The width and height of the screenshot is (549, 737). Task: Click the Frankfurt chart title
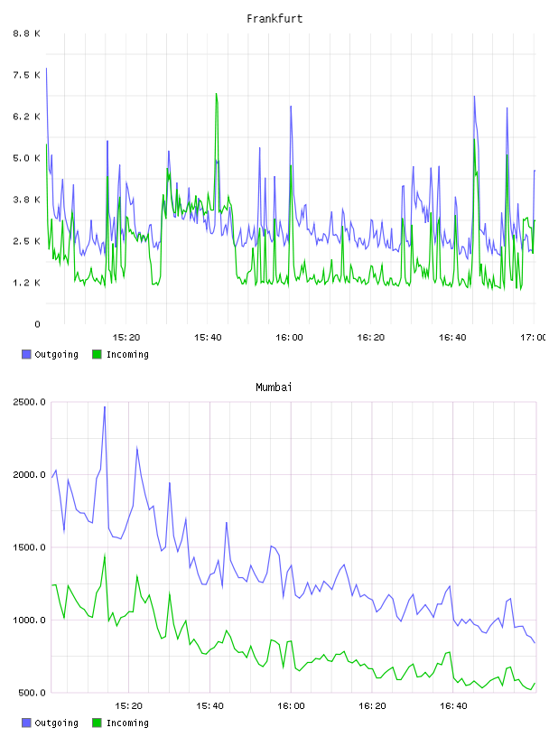(x=274, y=19)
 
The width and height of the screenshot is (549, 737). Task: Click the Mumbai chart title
(x=274, y=387)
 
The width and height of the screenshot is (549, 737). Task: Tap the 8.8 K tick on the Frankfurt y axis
(x=27, y=33)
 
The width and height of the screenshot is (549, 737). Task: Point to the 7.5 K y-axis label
(x=27, y=75)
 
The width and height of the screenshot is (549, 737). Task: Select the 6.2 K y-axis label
(x=27, y=117)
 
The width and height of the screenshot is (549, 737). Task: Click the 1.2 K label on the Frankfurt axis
(x=27, y=283)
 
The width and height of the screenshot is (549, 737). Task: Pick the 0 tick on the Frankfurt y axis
(x=37, y=324)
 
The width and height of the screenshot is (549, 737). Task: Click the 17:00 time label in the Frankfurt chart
(x=533, y=338)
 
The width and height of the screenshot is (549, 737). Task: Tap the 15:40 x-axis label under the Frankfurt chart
(x=208, y=338)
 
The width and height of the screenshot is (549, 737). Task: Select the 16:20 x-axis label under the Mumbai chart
(x=372, y=706)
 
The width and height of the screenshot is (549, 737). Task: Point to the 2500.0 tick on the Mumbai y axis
(x=30, y=402)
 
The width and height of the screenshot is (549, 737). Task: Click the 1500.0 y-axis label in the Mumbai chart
(x=30, y=547)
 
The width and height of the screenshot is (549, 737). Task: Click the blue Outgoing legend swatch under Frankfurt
(x=26, y=354)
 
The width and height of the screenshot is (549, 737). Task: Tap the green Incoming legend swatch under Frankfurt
(x=97, y=354)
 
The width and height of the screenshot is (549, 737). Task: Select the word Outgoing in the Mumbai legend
(x=56, y=723)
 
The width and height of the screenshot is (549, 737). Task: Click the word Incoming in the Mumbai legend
(x=127, y=723)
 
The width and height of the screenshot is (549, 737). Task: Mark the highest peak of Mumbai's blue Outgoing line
(x=105, y=407)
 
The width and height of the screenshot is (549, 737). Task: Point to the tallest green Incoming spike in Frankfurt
(x=216, y=94)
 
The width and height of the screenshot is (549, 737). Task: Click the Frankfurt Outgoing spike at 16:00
(x=291, y=107)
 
